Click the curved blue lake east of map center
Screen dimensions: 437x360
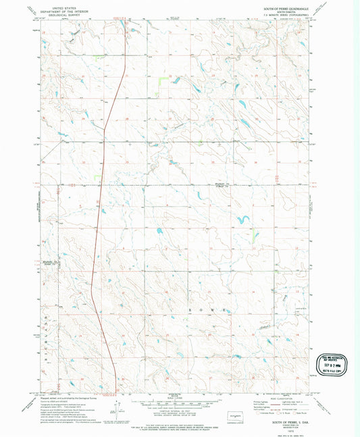click(242, 219)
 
